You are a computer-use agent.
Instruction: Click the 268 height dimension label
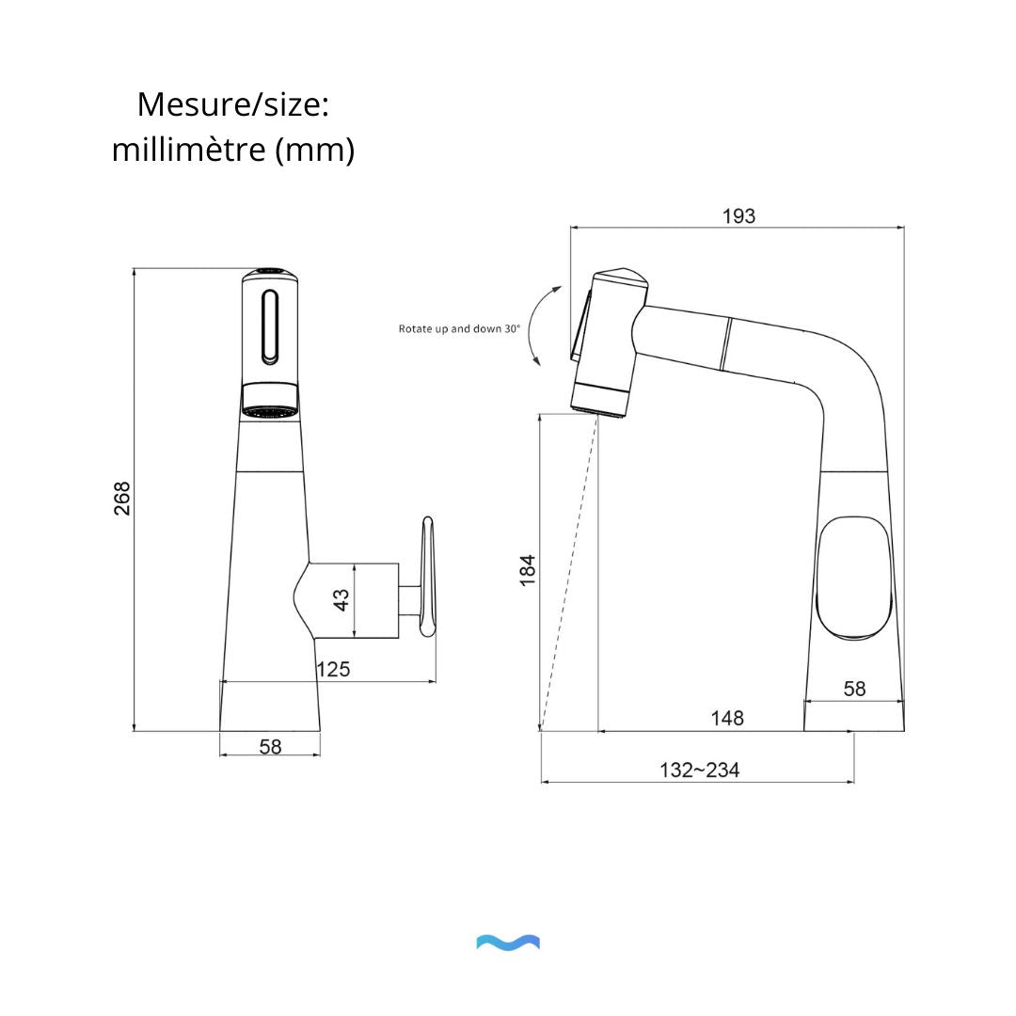[122, 498]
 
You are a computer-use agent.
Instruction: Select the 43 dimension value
[341, 599]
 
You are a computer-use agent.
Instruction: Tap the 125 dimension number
[332, 669]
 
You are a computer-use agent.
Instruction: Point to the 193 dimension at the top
[738, 216]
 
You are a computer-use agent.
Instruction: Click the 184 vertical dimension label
[528, 571]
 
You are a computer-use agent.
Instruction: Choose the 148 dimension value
[727, 718]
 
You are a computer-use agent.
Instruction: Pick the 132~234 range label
[699, 770]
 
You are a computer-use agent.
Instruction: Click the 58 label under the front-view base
[270, 746]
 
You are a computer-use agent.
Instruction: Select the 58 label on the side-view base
[854, 689]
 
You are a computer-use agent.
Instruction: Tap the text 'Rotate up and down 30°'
[459, 329]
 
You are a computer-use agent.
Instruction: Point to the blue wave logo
[508, 943]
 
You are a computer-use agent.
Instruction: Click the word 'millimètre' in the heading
[189, 150]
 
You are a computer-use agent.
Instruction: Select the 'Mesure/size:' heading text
[232, 104]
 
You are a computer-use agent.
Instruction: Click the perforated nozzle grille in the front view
[270, 410]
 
